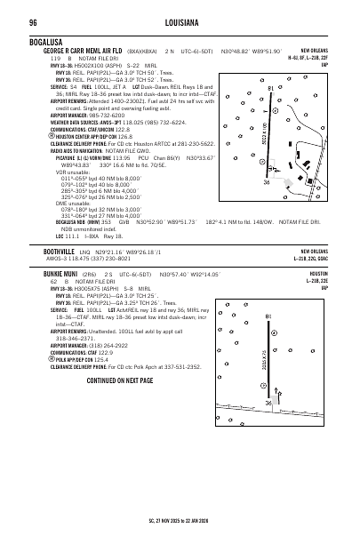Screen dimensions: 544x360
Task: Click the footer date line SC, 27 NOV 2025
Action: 180,516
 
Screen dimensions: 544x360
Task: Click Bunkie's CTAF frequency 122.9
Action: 106,351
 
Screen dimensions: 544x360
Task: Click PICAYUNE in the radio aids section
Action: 46,158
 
